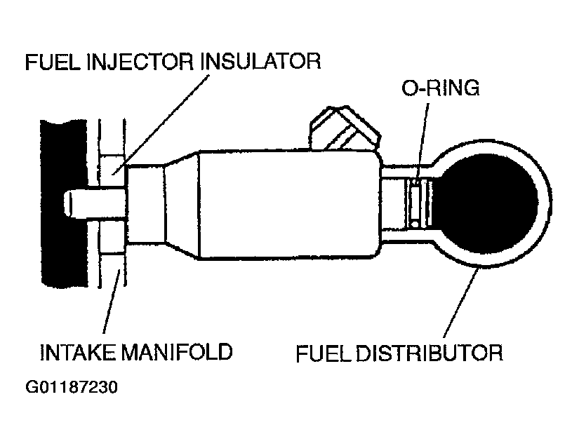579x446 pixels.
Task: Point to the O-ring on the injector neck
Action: click(x=415, y=203)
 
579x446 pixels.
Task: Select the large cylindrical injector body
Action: click(x=288, y=203)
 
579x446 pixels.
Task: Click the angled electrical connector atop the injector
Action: click(x=344, y=126)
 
